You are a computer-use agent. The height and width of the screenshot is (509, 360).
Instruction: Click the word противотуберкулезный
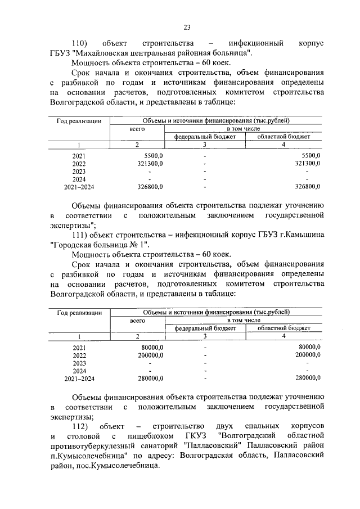coord(94,445)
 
